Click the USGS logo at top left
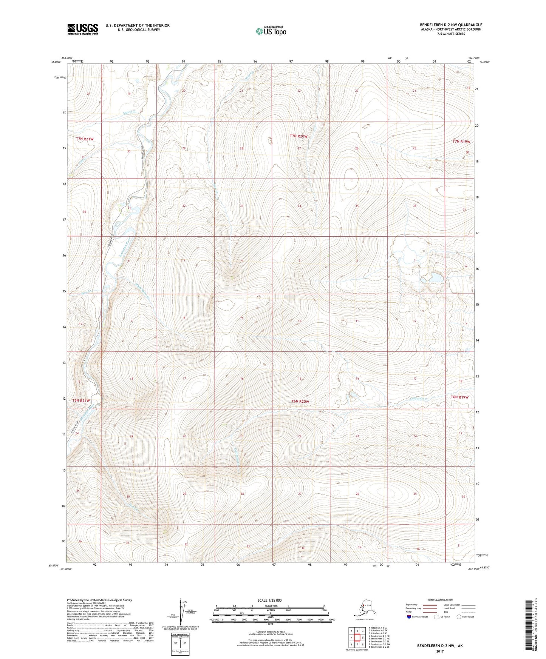pyautogui.click(x=82, y=29)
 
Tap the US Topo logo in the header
pyautogui.click(x=271, y=31)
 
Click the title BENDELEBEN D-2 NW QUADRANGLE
pyautogui.click(x=451, y=25)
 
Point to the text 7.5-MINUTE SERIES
pyautogui.click(x=451, y=34)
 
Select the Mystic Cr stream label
pyautogui.click(x=130, y=112)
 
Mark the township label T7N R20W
pyautogui.click(x=299, y=136)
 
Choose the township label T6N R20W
pyautogui.click(x=300, y=402)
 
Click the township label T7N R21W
pyautogui.click(x=85, y=139)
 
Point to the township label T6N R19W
pyautogui.click(x=459, y=397)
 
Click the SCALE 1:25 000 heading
pyautogui.click(x=269, y=600)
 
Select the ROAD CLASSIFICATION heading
pyautogui.click(x=440, y=600)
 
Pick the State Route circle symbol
pyautogui.click(x=459, y=617)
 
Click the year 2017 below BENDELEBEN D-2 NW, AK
pyautogui.click(x=439, y=651)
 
